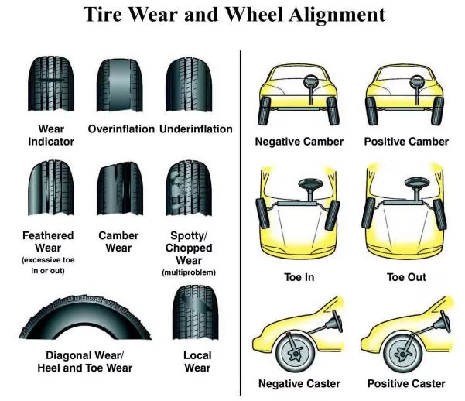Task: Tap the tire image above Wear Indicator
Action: point(51,84)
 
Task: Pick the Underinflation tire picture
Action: point(190,84)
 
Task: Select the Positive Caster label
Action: point(405,384)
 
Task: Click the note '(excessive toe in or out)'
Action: point(48,264)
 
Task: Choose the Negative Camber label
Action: point(299,142)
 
